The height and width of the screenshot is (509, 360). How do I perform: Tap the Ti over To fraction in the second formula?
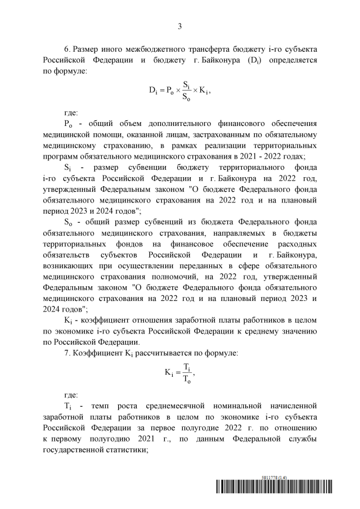point(187,372)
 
